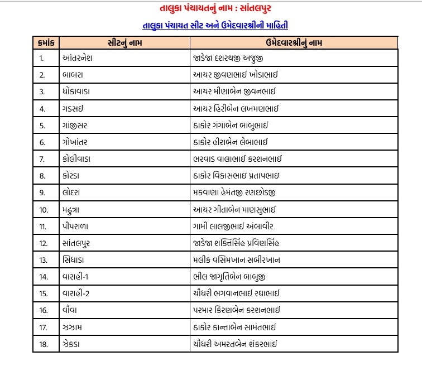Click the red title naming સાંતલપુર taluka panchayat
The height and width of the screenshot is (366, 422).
click(211, 9)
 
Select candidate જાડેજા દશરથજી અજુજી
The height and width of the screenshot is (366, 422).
click(234, 58)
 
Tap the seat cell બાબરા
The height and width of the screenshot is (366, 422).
click(75, 74)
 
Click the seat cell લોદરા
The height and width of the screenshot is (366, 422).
click(75, 192)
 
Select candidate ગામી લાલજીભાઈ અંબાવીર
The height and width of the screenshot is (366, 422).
click(232, 227)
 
